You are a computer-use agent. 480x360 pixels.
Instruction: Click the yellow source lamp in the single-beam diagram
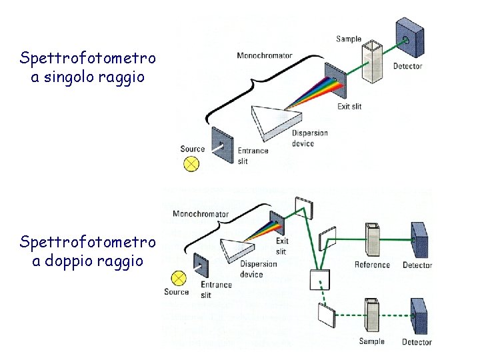pos(193,163)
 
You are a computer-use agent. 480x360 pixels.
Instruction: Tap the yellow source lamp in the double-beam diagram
pos(178,278)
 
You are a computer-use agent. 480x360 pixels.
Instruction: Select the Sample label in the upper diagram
pos(349,39)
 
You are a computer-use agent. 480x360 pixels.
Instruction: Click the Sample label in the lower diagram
pos(371,341)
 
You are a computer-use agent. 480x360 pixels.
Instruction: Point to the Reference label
pos(372,265)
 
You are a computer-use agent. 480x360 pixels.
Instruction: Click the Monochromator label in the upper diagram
pos(264,55)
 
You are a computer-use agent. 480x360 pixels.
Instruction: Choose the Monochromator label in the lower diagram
pos(201,214)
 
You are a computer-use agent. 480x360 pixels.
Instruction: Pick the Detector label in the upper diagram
pos(407,66)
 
